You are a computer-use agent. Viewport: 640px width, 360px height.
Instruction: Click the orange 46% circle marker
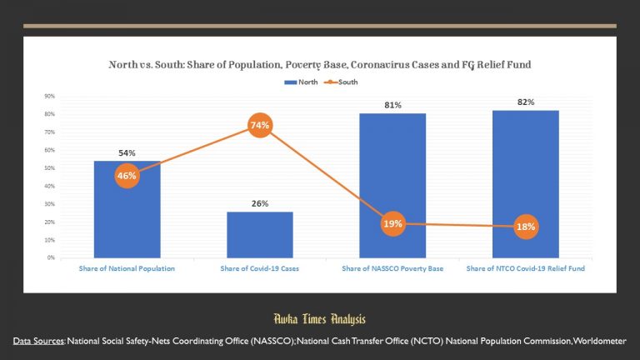pos(127,176)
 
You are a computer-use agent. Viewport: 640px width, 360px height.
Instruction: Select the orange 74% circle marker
pos(259,125)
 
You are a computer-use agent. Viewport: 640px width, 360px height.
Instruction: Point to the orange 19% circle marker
pos(392,223)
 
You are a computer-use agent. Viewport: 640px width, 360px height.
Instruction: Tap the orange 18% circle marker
pos(526,227)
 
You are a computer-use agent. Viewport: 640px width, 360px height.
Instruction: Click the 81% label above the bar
pos(392,105)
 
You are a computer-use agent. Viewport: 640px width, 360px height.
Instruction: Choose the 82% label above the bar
pos(526,102)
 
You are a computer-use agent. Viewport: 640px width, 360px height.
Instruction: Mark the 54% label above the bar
pos(127,153)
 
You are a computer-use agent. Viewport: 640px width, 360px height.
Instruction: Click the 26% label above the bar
pos(259,203)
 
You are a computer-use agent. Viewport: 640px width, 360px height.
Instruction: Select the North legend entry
pos(302,82)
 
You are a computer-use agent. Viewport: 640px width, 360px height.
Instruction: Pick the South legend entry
pos(346,82)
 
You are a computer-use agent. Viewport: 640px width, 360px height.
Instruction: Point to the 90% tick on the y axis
pos(50,96)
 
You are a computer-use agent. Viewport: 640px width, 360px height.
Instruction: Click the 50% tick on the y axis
pos(50,167)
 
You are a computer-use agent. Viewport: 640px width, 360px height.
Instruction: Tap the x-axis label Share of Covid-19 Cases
pos(259,268)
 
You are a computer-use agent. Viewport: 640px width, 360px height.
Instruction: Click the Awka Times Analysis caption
pos(320,318)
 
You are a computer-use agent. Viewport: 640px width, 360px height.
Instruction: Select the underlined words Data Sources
pos(38,341)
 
